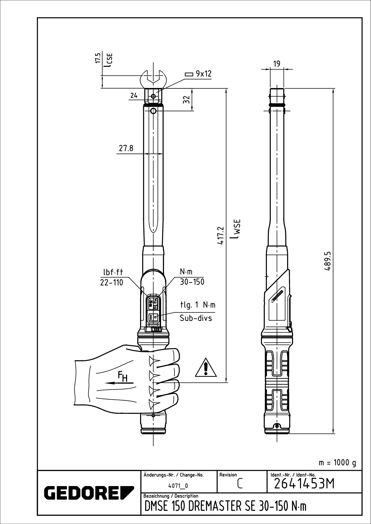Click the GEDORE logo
pos(89,492)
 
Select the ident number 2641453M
pos(304,484)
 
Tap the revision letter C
pos(240,484)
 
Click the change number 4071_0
pos(178,486)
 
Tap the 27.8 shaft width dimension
pos(126,148)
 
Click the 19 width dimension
pos(277,64)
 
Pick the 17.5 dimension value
pos(98,58)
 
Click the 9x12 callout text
pos(203,74)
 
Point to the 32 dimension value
pos(186,100)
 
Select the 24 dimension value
pos(134,96)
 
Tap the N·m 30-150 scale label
pos(192,277)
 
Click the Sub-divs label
pos(196,318)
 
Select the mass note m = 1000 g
pos(337,463)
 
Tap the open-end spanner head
pos(153,78)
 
